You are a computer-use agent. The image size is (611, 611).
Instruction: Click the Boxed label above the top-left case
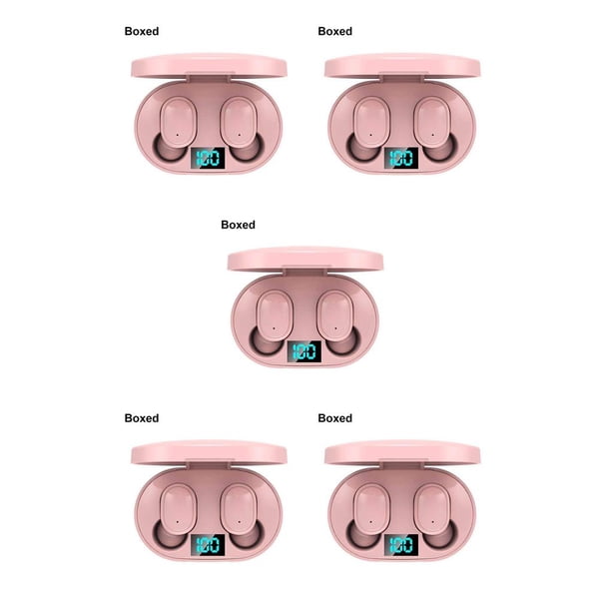coord(142,31)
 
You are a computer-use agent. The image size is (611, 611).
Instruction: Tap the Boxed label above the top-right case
coord(335,31)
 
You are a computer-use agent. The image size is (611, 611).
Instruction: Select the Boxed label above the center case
coord(238,225)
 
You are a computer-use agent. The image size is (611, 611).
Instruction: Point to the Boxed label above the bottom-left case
coord(142,418)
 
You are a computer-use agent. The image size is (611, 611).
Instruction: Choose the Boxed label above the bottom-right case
coord(335,418)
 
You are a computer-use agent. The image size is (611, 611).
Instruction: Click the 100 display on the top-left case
coord(208,158)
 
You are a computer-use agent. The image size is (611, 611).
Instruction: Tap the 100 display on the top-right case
coord(401,158)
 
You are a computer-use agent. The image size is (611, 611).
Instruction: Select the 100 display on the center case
coord(305,351)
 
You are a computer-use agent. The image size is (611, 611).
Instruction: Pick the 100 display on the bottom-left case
coord(208,545)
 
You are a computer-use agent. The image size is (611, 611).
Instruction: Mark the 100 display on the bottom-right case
coord(401,545)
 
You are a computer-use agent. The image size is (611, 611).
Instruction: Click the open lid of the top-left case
coord(209,66)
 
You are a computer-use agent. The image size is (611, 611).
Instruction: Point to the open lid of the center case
coord(305,260)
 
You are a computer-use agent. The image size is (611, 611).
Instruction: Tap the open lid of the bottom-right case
coord(402,453)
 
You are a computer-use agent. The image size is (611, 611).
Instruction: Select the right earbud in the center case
coord(337,320)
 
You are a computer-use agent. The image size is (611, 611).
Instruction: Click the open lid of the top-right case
coord(402,66)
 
